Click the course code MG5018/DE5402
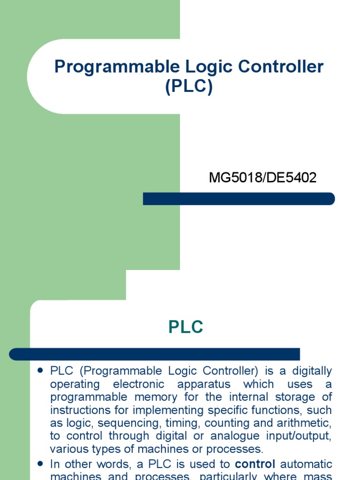[262, 178]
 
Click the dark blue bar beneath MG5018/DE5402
[239, 199]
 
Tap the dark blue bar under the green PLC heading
[155, 354]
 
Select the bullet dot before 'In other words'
[40, 463]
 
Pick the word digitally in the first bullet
[312, 371]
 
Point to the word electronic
[140, 384]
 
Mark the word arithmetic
[305, 423]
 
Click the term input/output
[297, 436]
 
